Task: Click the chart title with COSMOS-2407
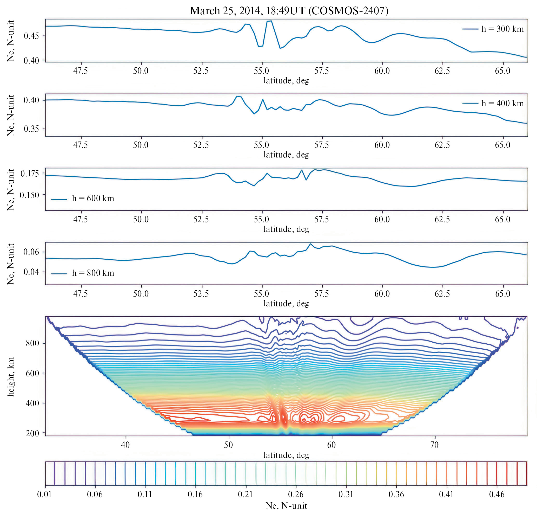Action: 289,11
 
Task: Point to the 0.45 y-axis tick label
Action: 31,36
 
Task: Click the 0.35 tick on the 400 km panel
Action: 31,129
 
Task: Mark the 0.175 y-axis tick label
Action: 30,173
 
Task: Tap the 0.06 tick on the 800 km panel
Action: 31,252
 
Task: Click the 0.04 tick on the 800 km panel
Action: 31,272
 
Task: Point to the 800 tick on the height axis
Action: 32,343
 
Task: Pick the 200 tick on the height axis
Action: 32,433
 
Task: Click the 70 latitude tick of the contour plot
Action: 434,445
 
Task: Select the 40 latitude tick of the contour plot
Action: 125,445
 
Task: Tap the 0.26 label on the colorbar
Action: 296,495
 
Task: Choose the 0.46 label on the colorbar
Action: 496,495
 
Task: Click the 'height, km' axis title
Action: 11,376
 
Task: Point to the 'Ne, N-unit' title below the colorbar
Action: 286,506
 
